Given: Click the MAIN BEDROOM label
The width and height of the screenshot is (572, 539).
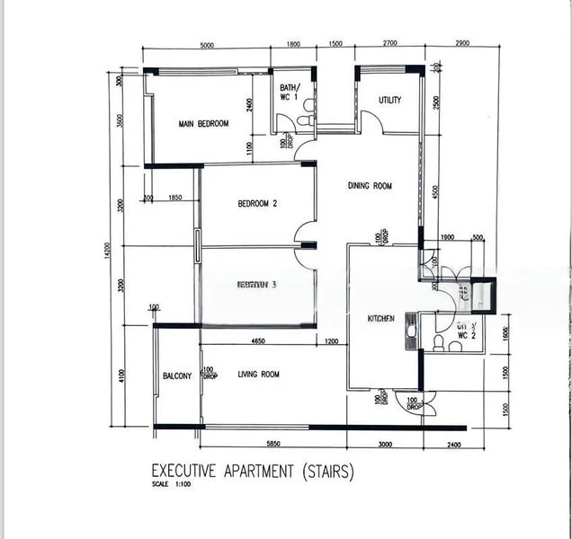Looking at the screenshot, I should click(x=203, y=124).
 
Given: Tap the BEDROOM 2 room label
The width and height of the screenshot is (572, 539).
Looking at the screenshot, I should click(x=257, y=204).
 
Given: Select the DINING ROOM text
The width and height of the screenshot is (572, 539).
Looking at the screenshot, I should click(x=371, y=187).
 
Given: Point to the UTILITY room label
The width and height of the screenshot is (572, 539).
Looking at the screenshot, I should click(x=389, y=101).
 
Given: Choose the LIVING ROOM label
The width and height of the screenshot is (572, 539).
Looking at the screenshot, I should click(x=258, y=375).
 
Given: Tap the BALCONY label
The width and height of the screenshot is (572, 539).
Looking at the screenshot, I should click(x=177, y=376).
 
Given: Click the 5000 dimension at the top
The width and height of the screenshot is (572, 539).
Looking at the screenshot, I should click(x=206, y=44).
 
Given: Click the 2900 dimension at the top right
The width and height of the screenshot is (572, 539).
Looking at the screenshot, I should click(x=461, y=44).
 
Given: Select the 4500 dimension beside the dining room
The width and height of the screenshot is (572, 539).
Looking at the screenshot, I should click(x=436, y=192).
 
